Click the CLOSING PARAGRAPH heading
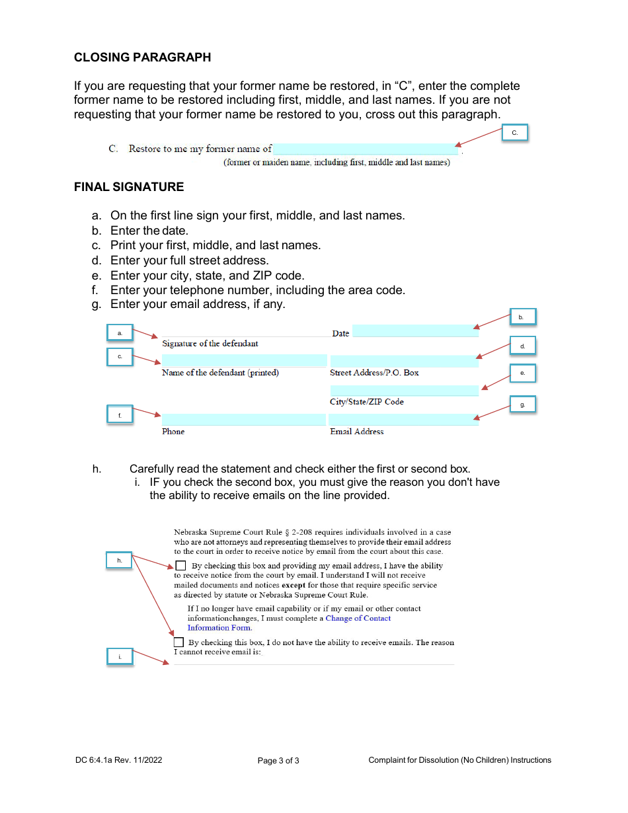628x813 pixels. [x=142, y=58]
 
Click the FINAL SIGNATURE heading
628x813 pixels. [x=129, y=187]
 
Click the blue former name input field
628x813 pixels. [x=366, y=149]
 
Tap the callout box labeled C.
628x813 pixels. [x=515, y=134]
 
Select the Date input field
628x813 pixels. [x=415, y=331]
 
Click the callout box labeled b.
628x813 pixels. [x=521, y=317]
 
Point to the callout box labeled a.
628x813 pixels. [x=120, y=333]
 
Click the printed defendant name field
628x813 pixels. [x=244, y=360]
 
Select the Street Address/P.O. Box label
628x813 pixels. [x=374, y=373]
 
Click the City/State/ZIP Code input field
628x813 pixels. [x=404, y=391]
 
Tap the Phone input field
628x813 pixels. [x=243, y=420]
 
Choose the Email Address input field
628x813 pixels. [x=403, y=420]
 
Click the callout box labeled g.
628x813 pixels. [x=522, y=405]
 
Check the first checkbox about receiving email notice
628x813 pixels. [x=181, y=565]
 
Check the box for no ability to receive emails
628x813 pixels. [x=179, y=642]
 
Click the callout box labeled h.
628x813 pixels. [x=120, y=560]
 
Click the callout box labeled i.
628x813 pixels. [x=120, y=657]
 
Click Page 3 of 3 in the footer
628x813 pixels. [x=278, y=761]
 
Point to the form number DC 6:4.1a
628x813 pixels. [x=118, y=760]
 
